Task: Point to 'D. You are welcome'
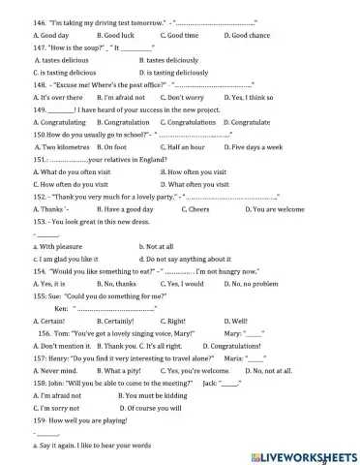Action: pos(258,209)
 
